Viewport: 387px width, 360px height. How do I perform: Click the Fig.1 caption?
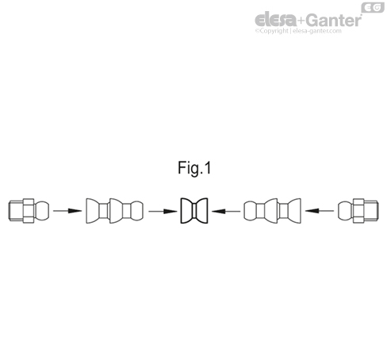pos(194,168)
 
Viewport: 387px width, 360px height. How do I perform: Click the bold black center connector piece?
pos(194,211)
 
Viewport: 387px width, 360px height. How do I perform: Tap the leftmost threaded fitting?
pos(29,211)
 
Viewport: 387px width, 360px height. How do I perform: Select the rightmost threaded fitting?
pos(358,211)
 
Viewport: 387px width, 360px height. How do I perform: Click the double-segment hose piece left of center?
pos(115,211)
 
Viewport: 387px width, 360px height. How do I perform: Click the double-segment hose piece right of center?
pos(272,211)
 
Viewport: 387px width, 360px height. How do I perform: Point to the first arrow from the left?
pos(67,211)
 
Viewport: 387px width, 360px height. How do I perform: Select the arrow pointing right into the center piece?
pos(163,211)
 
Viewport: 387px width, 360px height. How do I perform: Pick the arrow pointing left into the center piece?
pos(226,211)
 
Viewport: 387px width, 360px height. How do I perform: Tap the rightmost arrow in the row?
pos(320,211)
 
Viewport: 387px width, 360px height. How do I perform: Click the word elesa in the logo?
pos(276,20)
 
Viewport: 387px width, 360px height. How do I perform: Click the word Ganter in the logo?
pos(335,20)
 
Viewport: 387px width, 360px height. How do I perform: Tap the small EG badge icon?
pos(373,7)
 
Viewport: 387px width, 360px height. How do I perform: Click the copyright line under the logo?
pos(298,31)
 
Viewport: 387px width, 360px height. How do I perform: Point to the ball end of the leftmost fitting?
pos(42,211)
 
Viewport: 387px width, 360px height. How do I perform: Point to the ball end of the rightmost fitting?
pos(346,211)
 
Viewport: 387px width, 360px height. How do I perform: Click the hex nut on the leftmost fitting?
pos(29,211)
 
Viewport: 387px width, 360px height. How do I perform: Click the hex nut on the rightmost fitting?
pos(358,211)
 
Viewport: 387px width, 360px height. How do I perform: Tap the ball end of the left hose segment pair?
pos(137,211)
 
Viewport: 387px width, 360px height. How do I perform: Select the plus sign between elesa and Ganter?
pos(301,21)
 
